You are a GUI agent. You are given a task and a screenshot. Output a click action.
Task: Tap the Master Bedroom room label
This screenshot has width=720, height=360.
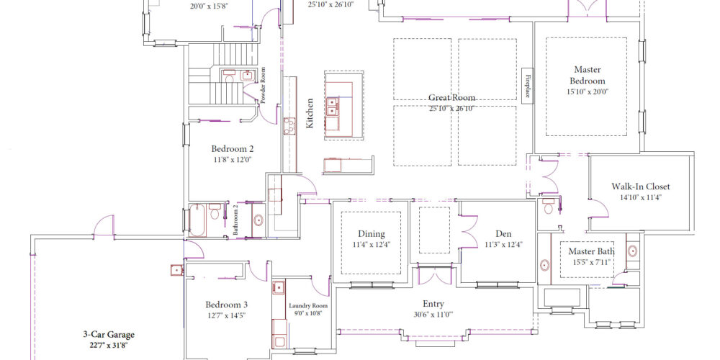pos(588,76)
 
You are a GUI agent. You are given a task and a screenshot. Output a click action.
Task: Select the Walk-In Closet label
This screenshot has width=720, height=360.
pos(641,186)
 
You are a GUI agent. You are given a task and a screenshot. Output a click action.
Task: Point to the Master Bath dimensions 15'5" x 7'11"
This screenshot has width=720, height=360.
pos(591,263)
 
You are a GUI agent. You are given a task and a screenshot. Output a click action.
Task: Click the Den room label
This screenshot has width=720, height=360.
pos(503,234)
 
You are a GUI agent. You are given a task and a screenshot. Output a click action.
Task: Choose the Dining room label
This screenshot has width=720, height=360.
pos(372,234)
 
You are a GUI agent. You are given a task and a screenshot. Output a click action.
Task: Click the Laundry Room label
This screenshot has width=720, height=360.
pos(308,305)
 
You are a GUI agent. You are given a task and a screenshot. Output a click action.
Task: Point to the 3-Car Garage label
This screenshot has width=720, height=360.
pos(107,335)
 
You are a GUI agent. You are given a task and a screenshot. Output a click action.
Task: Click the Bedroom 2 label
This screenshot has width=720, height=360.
pos(232,149)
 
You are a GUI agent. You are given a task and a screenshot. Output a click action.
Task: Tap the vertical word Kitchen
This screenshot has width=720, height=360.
pos(310,114)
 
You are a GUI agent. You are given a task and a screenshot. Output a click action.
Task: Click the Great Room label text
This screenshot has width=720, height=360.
pos(451,98)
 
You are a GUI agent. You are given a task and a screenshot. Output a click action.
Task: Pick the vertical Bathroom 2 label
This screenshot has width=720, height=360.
pos(235,220)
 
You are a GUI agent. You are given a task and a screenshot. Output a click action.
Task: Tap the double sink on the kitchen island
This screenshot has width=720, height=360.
pos(332,107)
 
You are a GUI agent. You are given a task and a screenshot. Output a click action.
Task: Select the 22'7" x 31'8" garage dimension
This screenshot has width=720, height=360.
pos(107,345)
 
